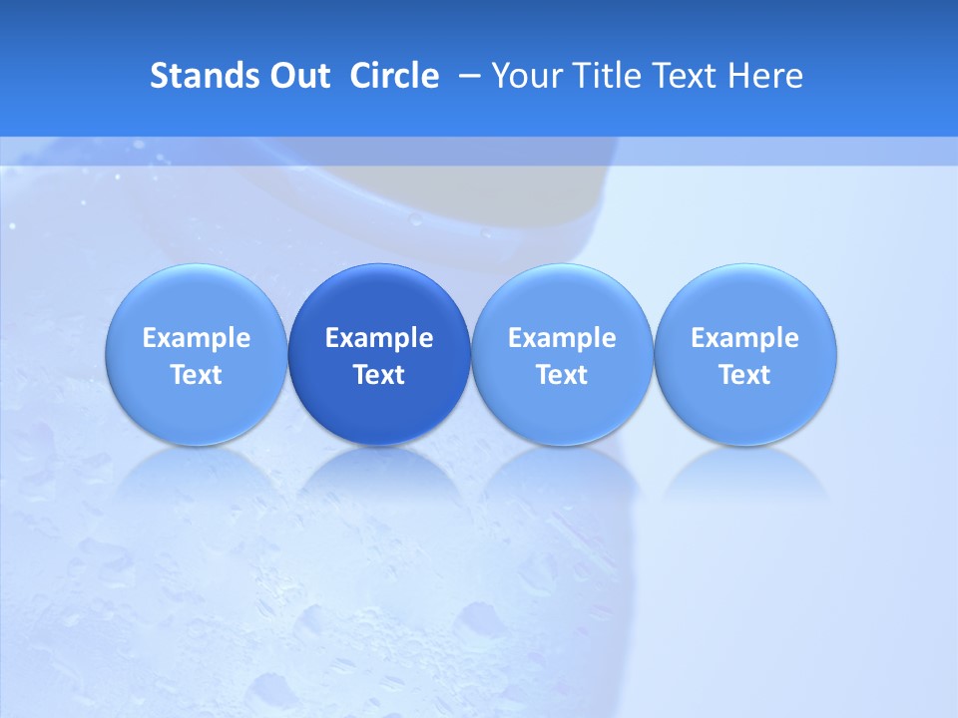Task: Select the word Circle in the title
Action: point(394,76)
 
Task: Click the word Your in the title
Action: point(525,76)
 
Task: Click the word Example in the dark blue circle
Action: point(379,338)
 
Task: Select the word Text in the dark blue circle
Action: point(379,375)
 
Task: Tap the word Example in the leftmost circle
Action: point(197,338)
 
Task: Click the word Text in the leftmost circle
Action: point(197,375)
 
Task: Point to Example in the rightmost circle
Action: point(745,338)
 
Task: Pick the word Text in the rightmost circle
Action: point(745,375)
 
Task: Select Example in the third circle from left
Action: point(563,338)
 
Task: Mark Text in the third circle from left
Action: point(563,375)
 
